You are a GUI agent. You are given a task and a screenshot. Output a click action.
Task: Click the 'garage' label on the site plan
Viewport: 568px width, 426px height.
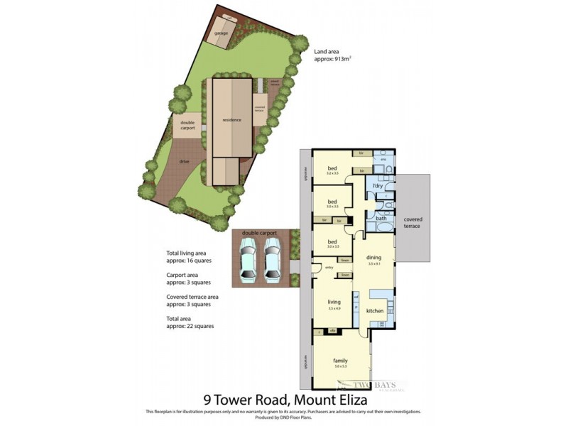221,33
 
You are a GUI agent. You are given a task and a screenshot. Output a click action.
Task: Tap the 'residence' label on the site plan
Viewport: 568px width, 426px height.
231,120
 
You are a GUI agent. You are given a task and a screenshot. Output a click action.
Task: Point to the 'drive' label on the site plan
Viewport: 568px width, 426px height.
184,161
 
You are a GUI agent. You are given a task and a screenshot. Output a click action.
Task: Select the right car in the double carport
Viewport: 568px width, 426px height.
273,260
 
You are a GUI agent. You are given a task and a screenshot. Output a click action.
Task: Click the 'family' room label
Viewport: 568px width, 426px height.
341,361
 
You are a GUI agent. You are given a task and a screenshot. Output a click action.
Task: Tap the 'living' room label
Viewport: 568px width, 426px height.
334,302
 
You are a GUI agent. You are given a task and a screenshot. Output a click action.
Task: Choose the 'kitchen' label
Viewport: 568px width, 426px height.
375,311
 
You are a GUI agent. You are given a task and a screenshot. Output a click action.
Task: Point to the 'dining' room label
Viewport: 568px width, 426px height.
374,258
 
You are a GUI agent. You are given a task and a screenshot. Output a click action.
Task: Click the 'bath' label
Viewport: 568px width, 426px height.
381,219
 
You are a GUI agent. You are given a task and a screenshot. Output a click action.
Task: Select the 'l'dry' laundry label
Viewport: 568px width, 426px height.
378,186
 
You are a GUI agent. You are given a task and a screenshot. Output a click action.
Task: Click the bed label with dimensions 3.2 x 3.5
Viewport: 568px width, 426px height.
332,168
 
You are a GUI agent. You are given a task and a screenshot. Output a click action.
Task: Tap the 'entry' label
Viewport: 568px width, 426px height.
329,268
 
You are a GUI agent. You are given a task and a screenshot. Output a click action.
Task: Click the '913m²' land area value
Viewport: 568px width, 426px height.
342,60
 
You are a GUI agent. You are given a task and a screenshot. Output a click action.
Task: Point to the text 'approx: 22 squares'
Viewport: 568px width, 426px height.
190,326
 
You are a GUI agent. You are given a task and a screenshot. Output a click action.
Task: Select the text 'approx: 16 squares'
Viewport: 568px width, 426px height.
190,261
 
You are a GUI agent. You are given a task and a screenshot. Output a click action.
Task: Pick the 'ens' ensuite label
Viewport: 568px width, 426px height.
383,160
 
